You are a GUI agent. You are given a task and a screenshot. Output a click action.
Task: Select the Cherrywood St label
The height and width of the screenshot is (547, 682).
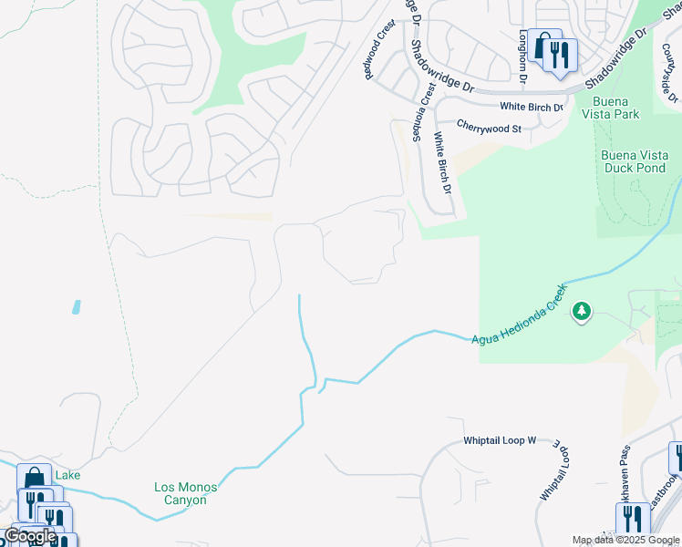[x=489, y=129]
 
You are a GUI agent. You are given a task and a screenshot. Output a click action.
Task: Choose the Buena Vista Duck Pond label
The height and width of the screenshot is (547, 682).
[x=635, y=161]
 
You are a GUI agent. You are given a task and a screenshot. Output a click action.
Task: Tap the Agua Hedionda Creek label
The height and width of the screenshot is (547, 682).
[x=520, y=315]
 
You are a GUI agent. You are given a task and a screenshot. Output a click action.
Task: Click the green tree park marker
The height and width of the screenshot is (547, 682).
[x=581, y=313]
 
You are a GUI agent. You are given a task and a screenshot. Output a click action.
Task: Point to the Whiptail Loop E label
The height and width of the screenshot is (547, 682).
[x=558, y=469]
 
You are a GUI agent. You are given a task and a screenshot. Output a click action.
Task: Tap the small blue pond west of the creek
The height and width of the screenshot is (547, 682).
[x=75, y=307]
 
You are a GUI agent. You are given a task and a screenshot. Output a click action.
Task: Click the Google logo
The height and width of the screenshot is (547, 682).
[x=29, y=535]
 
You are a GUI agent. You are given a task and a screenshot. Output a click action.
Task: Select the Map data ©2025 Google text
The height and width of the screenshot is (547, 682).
[x=625, y=540]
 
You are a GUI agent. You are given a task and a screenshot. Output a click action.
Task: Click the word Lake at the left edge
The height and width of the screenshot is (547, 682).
[x=67, y=475]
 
